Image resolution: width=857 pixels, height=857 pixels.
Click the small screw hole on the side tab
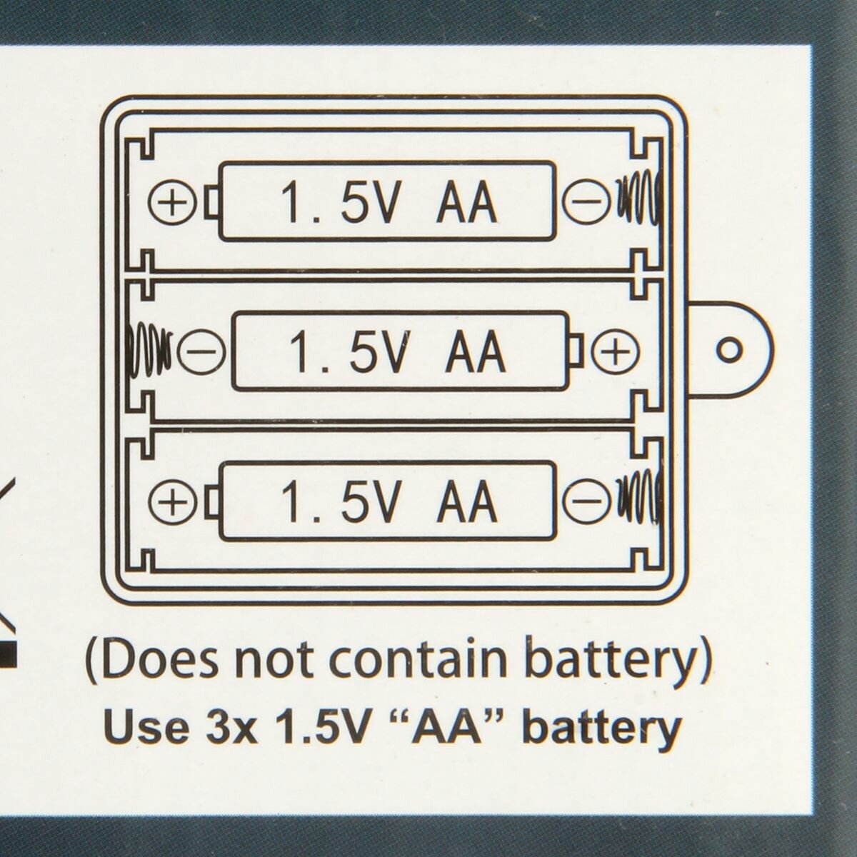coord(729,349)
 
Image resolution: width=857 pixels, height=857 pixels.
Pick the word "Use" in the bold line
coord(140,728)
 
